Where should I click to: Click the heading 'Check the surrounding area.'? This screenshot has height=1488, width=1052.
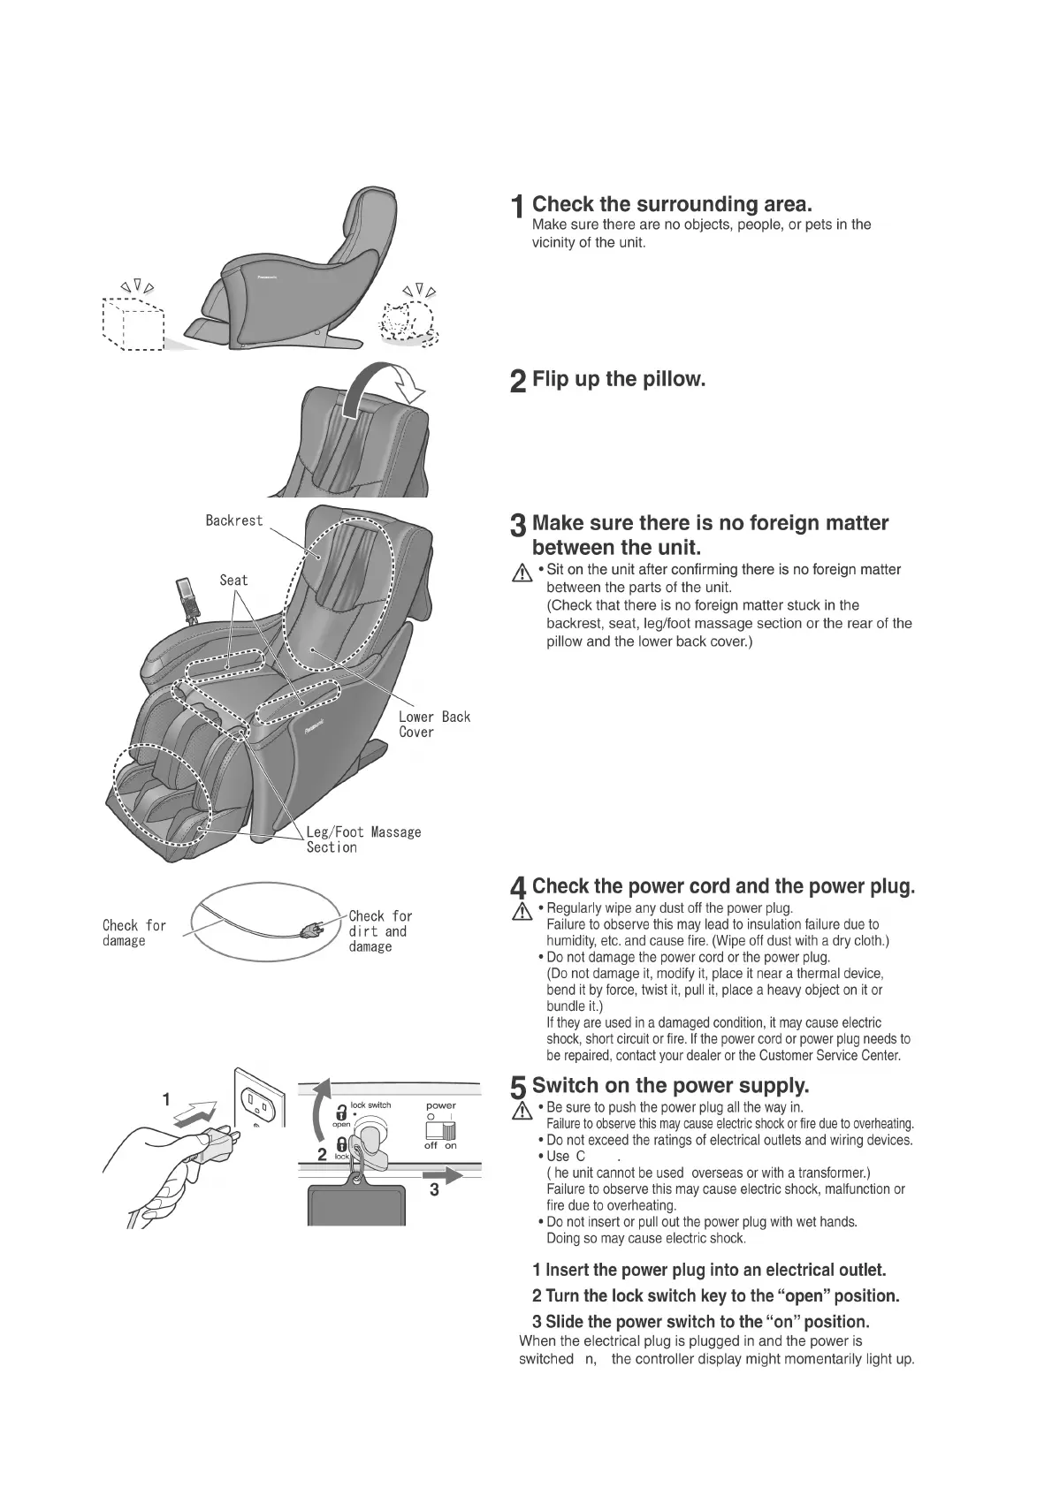point(672,205)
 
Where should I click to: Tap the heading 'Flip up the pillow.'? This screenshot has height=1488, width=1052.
point(618,380)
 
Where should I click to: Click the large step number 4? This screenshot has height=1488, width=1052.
point(520,888)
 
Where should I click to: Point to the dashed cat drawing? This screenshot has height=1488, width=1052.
point(408,320)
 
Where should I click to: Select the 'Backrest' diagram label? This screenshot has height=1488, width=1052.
point(234,520)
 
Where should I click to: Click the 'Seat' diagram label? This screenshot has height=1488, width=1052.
point(233,580)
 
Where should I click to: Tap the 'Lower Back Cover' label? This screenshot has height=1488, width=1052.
point(434,724)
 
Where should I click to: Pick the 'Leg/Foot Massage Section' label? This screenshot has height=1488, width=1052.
point(362,839)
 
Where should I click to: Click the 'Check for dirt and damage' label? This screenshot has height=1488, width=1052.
point(380,931)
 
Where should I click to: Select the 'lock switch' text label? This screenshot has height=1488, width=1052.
point(370,1105)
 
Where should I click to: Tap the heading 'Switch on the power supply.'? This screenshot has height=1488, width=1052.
point(670,1085)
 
